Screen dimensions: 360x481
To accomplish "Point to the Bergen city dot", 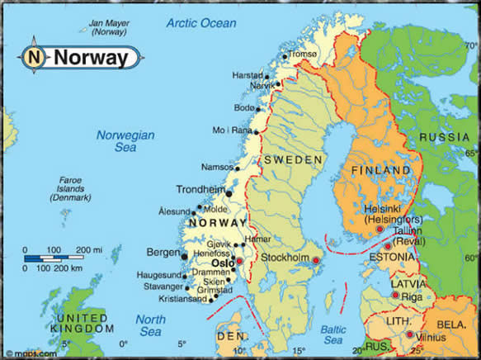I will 183,257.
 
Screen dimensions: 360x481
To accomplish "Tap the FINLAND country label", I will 380,171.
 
